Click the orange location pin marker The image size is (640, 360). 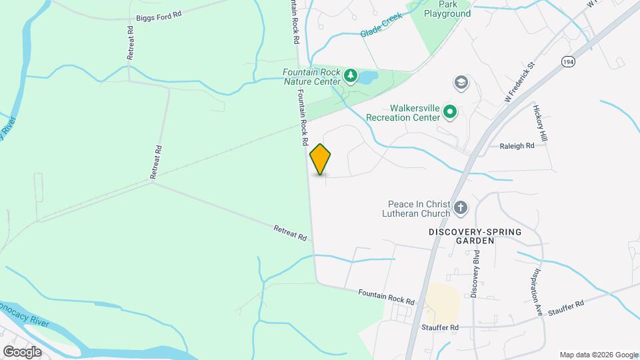pos(321,159)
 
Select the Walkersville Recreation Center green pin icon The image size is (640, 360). pos(450,112)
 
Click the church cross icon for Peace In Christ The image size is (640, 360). pos(460,209)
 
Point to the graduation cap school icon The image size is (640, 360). pos(460,83)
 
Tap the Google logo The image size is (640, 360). pos(22,351)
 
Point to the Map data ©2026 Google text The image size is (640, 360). pos(599,355)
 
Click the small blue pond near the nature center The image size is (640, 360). pos(367,78)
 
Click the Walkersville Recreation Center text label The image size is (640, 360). pos(405,113)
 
